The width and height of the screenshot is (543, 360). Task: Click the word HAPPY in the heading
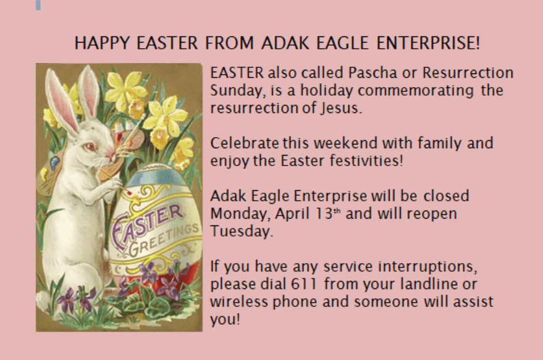(x=102, y=43)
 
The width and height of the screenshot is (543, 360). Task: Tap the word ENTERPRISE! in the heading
(x=428, y=43)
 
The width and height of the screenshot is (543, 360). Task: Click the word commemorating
(x=416, y=91)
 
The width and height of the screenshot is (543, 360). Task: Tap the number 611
(x=304, y=284)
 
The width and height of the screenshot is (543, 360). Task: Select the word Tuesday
(x=242, y=231)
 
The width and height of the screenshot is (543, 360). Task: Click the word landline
(x=429, y=284)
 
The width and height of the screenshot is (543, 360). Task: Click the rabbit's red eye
(x=90, y=147)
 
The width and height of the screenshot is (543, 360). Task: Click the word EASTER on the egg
(x=147, y=225)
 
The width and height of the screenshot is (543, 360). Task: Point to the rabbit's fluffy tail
(x=43, y=301)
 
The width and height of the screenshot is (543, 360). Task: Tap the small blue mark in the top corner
(x=38, y=5)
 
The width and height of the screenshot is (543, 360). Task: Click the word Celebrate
(x=244, y=143)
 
